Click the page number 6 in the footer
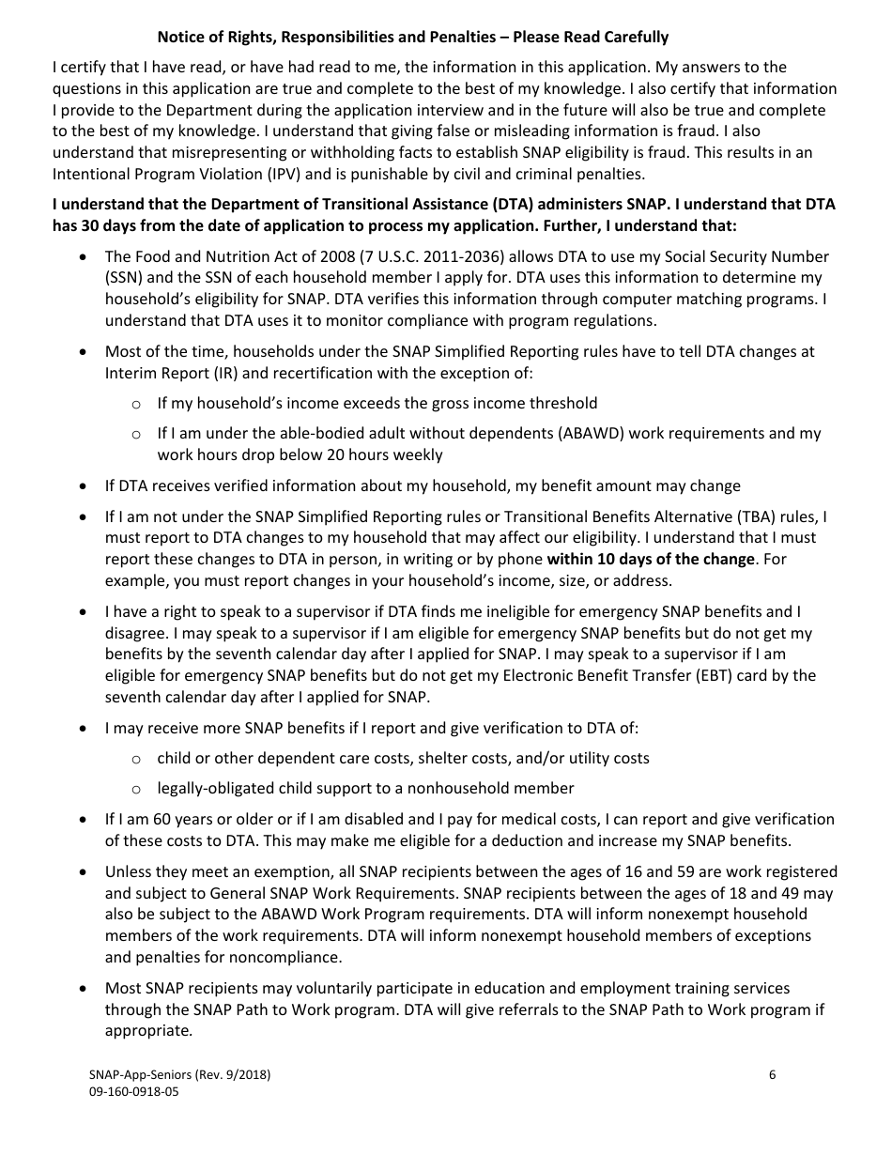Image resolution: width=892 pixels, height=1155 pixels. pos(772,1075)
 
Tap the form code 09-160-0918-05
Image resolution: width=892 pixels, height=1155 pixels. pos(133,1092)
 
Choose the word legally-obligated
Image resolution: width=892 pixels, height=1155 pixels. pos(213,788)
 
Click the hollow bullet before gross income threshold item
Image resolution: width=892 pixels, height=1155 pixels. pos(136,404)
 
